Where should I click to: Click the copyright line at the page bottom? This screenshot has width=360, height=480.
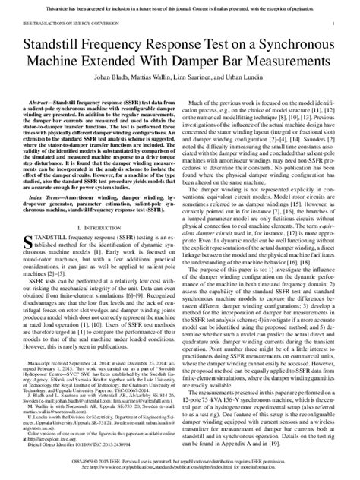[x=180, y=463]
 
